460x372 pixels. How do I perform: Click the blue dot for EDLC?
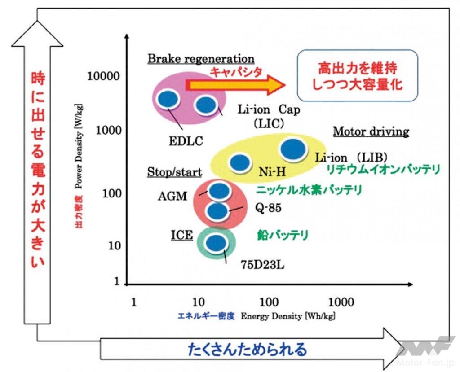(167, 99)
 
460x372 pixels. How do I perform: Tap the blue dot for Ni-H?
(239, 162)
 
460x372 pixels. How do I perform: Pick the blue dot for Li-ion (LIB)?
(293, 150)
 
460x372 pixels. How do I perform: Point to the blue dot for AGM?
(220, 191)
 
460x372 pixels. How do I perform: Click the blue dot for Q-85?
(217, 211)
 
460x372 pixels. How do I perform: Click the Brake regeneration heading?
(201, 59)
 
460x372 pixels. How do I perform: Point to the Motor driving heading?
(371, 131)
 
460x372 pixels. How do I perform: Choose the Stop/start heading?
(174, 172)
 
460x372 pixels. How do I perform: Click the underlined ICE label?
(181, 235)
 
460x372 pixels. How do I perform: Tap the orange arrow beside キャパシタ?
(235, 85)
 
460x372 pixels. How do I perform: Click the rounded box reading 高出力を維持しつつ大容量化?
(358, 75)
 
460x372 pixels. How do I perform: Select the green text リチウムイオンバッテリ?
(383, 169)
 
